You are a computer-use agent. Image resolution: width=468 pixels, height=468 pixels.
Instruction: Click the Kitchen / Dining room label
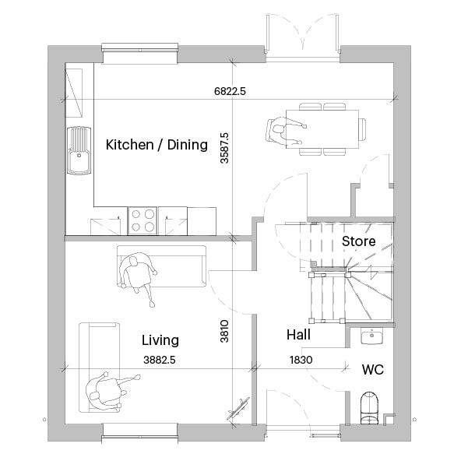pyautogui.click(x=157, y=145)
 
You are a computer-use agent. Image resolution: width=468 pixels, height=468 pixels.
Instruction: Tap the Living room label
pyautogui.click(x=160, y=340)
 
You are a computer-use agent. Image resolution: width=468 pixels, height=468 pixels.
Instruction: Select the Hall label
pyautogui.click(x=298, y=335)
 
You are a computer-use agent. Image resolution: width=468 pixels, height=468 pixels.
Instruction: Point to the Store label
pyautogui.click(x=358, y=241)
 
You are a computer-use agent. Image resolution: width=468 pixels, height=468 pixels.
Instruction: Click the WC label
pyautogui.click(x=373, y=370)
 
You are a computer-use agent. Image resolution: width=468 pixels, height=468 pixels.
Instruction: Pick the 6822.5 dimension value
pyautogui.click(x=230, y=91)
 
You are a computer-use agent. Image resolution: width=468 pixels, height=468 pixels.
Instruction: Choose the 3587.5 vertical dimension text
pyautogui.click(x=224, y=148)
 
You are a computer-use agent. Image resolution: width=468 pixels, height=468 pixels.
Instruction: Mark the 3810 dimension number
pyautogui.click(x=224, y=331)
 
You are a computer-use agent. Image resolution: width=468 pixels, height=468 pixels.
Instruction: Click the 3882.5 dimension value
pyautogui.click(x=160, y=360)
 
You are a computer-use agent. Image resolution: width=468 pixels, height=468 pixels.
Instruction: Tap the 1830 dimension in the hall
pyautogui.click(x=301, y=360)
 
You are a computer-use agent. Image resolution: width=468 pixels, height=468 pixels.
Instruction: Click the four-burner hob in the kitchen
pyautogui.click(x=143, y=221)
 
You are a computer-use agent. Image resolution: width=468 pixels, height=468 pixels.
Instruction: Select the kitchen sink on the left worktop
pyautogui.click(x=79, y=150)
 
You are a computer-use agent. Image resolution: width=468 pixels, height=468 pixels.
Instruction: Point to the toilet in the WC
pyautogui.click(x=370, y=408)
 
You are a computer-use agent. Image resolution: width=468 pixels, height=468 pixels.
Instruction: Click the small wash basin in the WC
pyautogui.click(x=371, y=336)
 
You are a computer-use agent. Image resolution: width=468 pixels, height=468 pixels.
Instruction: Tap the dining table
pyautogui.click(x=322, y=129)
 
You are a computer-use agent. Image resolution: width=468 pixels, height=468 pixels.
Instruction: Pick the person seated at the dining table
pyautogui.click(x=285, y=131)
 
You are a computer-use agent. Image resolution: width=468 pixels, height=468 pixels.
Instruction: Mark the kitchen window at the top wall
pyautogui.click(x=139, y=54)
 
